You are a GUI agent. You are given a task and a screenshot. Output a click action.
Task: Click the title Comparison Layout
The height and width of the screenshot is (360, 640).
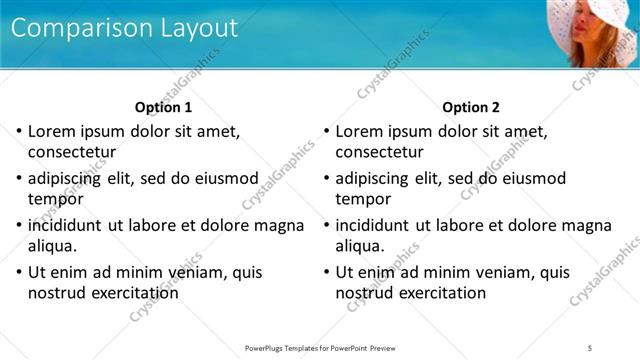(x=125, y=29)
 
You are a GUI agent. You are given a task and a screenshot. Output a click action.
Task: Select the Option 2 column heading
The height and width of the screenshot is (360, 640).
(x=471, y=107)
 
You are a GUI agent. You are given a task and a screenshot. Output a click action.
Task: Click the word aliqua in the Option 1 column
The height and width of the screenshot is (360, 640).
(x=53, y=246)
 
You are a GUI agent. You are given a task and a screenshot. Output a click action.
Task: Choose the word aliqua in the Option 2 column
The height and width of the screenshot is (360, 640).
(x=361, y=246)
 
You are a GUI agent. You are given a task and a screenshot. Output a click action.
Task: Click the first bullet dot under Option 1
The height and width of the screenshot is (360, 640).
(x=18, y=131)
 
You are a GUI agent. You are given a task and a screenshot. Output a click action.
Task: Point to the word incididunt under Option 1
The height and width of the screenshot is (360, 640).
(x=70, y=225)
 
